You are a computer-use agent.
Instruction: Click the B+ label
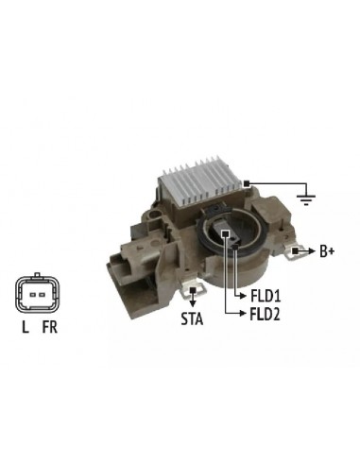327,251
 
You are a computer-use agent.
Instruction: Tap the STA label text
192,319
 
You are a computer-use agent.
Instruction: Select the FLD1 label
266,296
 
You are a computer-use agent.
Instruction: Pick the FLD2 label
265,314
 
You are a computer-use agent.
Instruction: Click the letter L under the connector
26,327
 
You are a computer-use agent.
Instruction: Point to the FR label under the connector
50,327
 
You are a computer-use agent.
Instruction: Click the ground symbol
306,199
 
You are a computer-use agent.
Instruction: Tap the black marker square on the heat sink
247,183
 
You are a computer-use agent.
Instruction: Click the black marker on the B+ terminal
295,251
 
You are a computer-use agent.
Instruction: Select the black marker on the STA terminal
193,290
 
